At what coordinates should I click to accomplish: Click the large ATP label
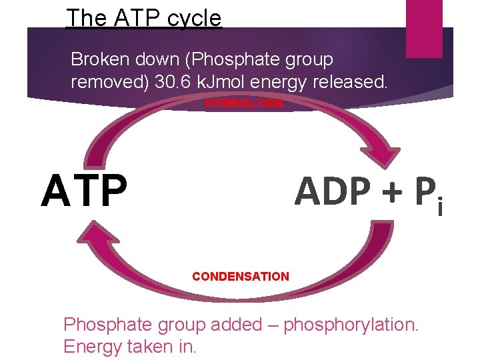pyautogui.click(x=84, y=190)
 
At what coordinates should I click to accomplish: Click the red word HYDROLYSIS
pyautogui.click(x=244, y=103)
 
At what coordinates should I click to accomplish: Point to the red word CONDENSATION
pyautogui.click(x=241, y=276)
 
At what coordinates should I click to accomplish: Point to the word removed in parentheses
pyautogui.click(x=103, y=82)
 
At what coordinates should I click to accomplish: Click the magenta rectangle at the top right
pyautogui.click(x=424, y=19)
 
